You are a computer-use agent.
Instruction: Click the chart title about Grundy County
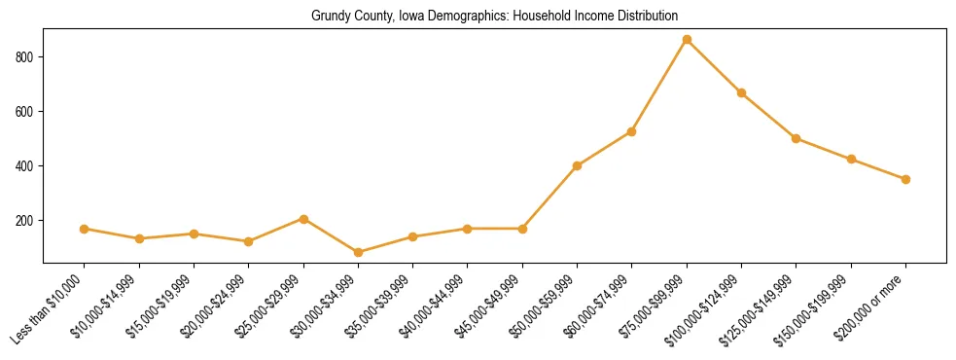(494, 17)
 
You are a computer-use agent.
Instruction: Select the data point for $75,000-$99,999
(687, 40)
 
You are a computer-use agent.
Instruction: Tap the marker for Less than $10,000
(85, 229)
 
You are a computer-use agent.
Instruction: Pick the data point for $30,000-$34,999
(358, 252)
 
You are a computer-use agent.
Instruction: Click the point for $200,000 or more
(905, 179)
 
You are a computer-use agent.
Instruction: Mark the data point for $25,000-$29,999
(303, 219)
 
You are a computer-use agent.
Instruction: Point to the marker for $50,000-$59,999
(578, 165)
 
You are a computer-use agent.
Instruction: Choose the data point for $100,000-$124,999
(741, 93)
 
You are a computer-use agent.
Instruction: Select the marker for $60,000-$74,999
(632, 131)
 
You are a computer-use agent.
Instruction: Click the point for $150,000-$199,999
(851, 159)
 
